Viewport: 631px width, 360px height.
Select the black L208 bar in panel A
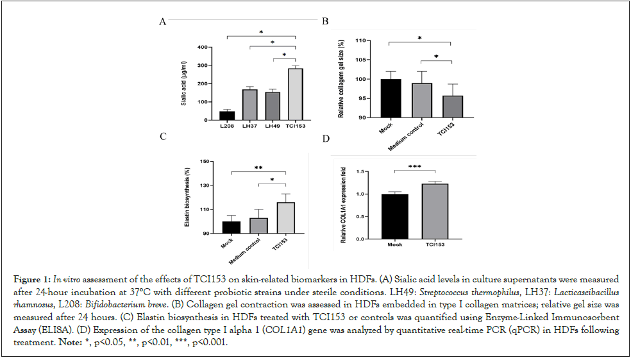pyautogui.click(x=228, y=116)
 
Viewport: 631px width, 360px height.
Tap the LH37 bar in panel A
pyautogui.click(x=250, y=105)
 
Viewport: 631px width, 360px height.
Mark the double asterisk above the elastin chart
pyautogui.click(x=258, y=167)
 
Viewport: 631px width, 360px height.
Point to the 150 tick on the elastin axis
pyautogui.click(x=206, y=162)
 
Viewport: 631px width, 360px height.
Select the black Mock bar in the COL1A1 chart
pyautogui.click(x=395, y=216)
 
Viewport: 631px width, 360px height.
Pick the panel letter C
pyautogui.click(x=164, y=137)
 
